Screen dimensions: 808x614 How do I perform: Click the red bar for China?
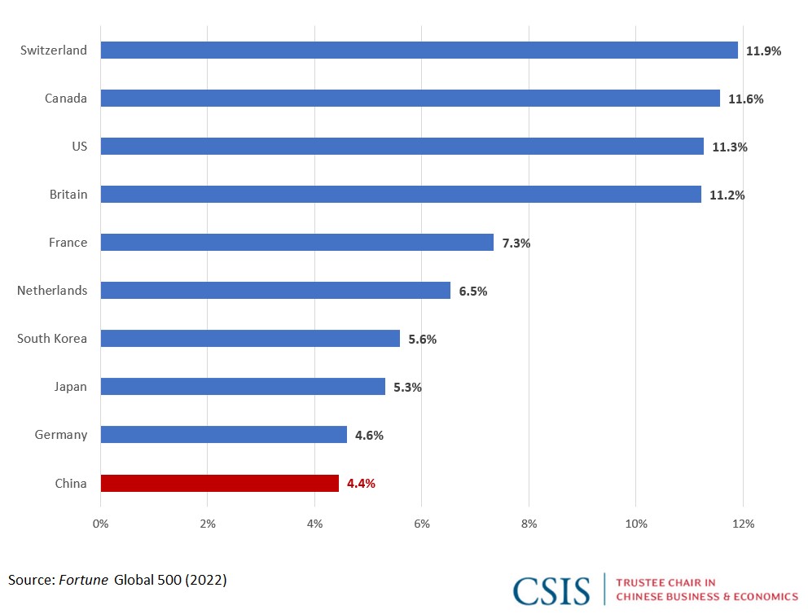(x=220, y=483)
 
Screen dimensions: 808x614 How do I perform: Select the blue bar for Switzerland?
(x=419, y=50)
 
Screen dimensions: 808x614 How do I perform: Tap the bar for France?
(x=296, y=242)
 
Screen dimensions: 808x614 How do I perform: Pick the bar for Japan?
(x=243, y=386)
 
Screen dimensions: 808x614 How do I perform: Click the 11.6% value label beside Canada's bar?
(x=745, y=99)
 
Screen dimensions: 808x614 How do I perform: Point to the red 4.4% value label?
(x=361, y=483)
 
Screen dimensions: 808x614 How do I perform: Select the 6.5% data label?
(x=473, y=291)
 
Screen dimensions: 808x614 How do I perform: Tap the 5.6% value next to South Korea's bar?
(x=423, y=339)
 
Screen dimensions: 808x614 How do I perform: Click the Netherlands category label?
(x=52, y=291)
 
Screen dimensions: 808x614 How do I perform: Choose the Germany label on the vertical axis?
(x=61, y=435)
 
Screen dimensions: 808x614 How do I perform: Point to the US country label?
(x=79, y=147)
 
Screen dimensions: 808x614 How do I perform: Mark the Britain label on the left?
(x=68, y=194)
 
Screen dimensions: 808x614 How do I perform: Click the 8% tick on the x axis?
(x=529, y=524)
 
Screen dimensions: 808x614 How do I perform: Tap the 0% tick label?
(x=100, y=524)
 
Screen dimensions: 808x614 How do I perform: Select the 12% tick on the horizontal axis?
(x=743, y=524)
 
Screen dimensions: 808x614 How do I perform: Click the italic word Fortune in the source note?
(x=83, y=580)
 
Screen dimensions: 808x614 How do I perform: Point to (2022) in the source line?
(x=205, y=580)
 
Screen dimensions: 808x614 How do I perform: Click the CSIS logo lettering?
(x=551, y=591)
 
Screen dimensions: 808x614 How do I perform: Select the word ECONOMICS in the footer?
(x=766, y=596)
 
